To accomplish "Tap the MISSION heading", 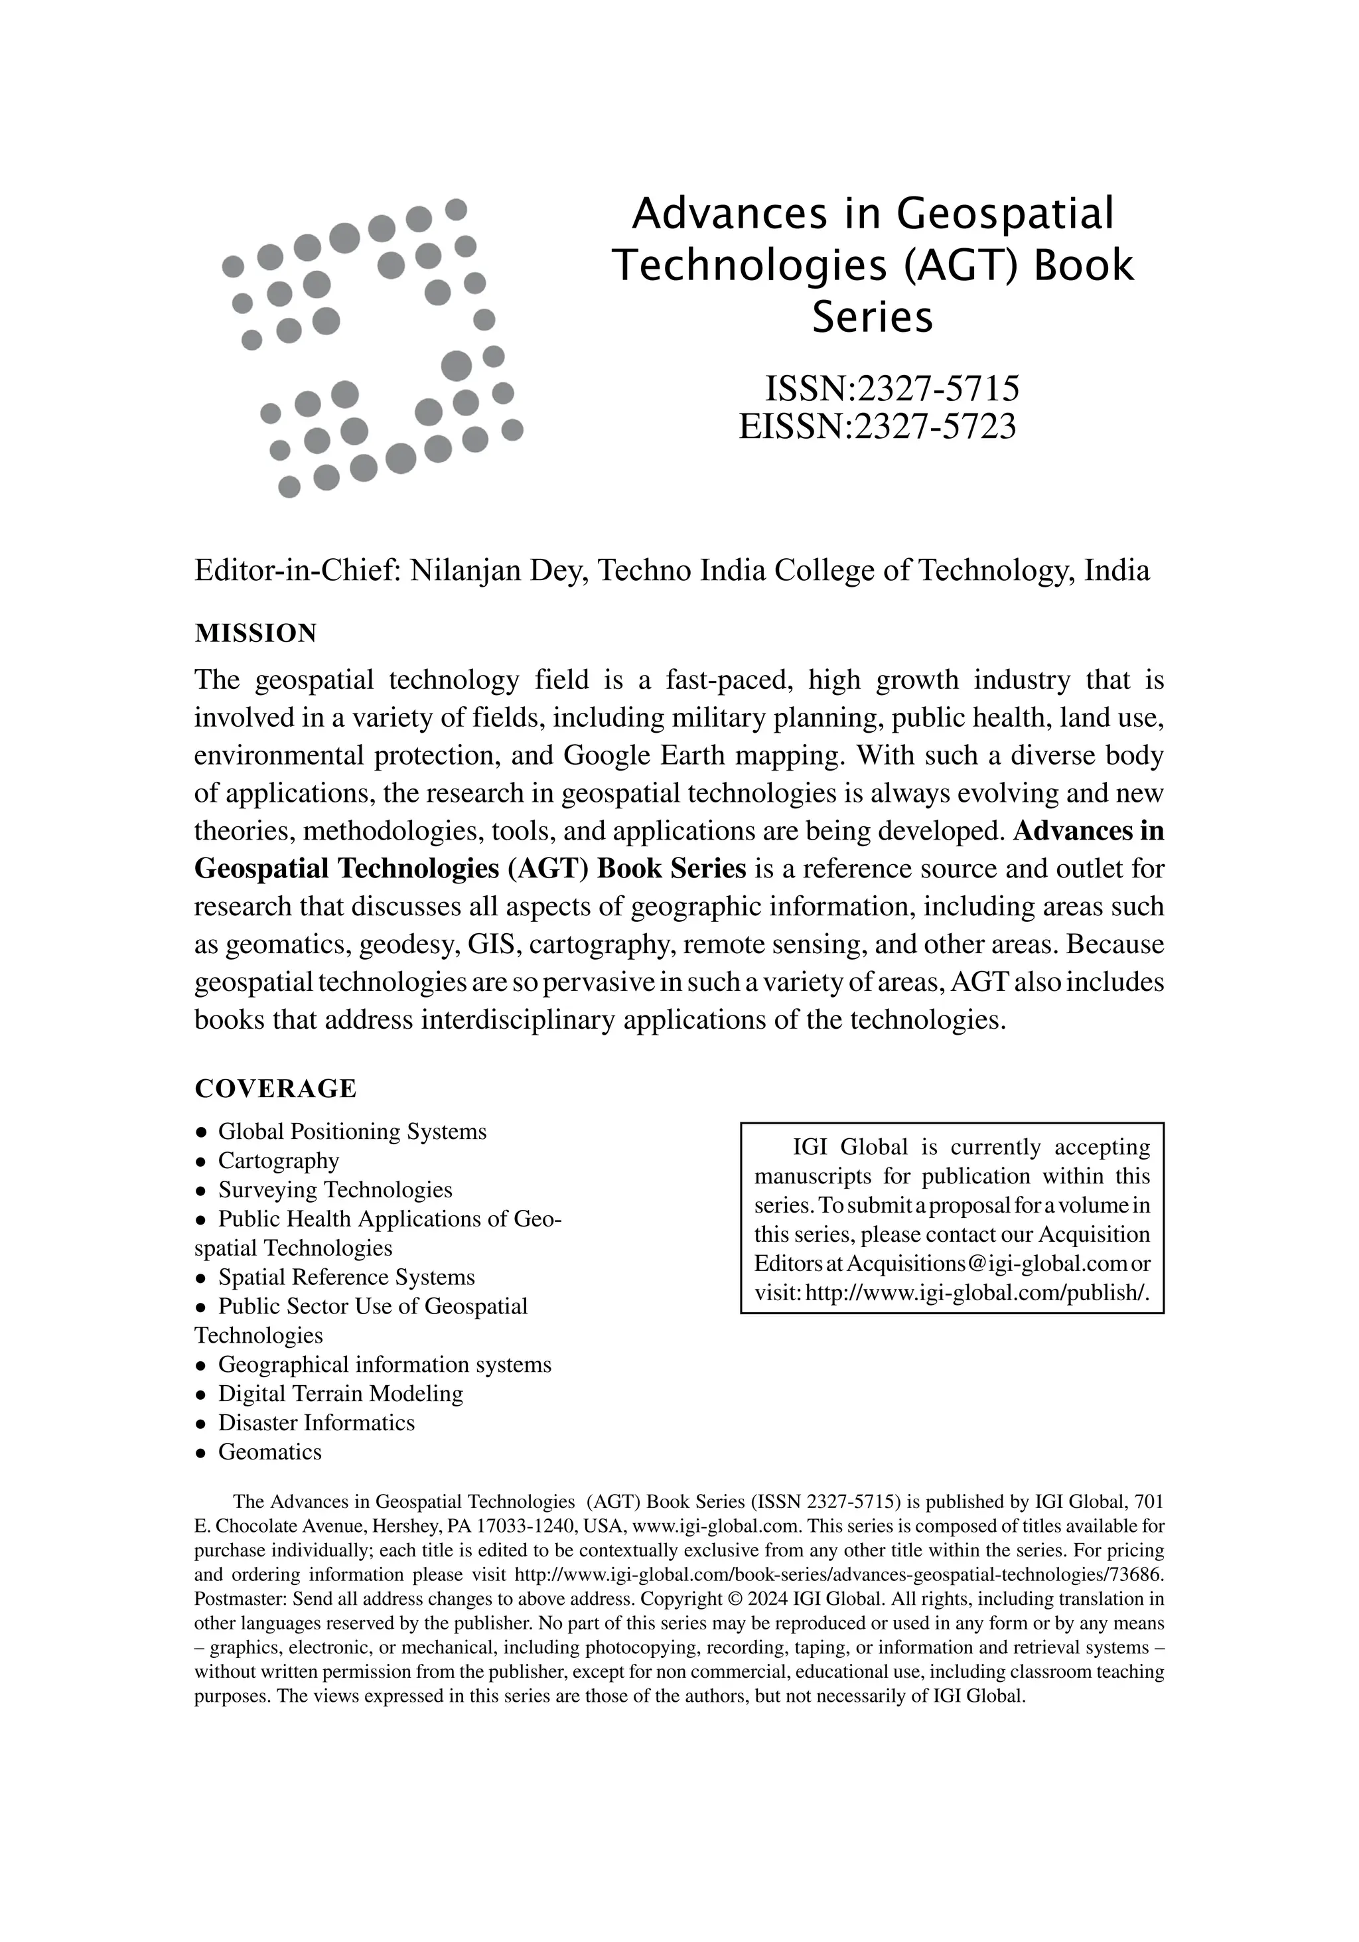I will pyautogui.click(x=255, y=633).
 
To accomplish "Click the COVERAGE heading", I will pyautogui.click(x=275, y=1088).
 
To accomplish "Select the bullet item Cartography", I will pyautogui.click(x=278, y=1160).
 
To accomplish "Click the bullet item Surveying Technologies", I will pyautogui.click(x=335, y=1190).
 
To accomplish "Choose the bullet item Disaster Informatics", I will pyautogui.click(x=317, y=1423).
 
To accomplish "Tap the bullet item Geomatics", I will pyautogui.click(x=270, y=1452).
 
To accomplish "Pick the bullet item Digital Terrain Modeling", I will pyautogui.click(x=340, y=1394).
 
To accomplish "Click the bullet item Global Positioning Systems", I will pyautogui.click(x=352, y=1132).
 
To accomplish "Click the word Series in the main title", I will pyautogui.click(x=872, y=318).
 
